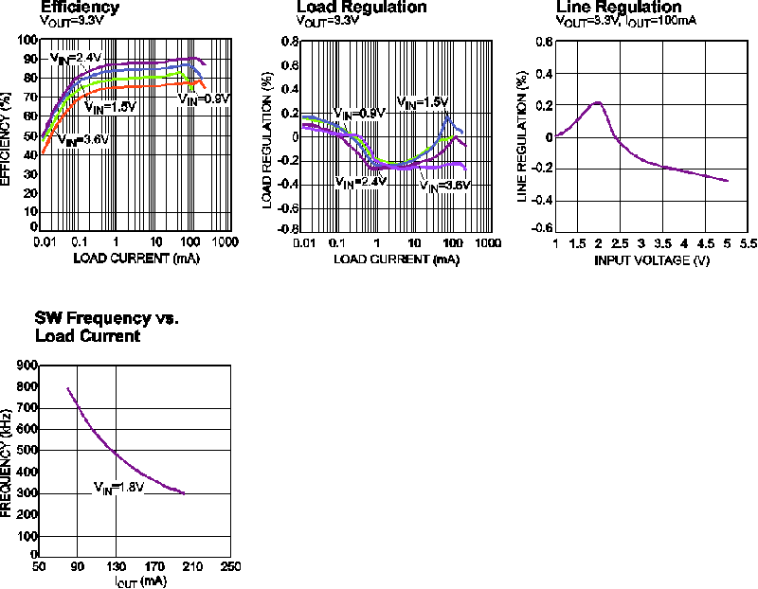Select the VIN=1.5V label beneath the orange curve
click(x=110, y=108)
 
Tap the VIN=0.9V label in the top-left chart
click(x=205, y=99)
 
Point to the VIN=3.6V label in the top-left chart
click(x=83, y=141)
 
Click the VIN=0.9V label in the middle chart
click(x=359, y=114)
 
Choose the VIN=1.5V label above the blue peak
click(x=423, y=102)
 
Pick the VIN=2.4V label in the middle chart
click(x=360, y=182)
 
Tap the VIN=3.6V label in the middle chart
click(x=444, y=187)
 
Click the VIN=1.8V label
click(x=117, y=488)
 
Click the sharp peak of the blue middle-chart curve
click(x=445, y=117)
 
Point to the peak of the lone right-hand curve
click(x=598, y=102)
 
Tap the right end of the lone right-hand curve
click(x=727, y=180)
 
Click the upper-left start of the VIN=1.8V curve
click(x=68, y=388)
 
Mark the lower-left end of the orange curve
click(x=44, y=151)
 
